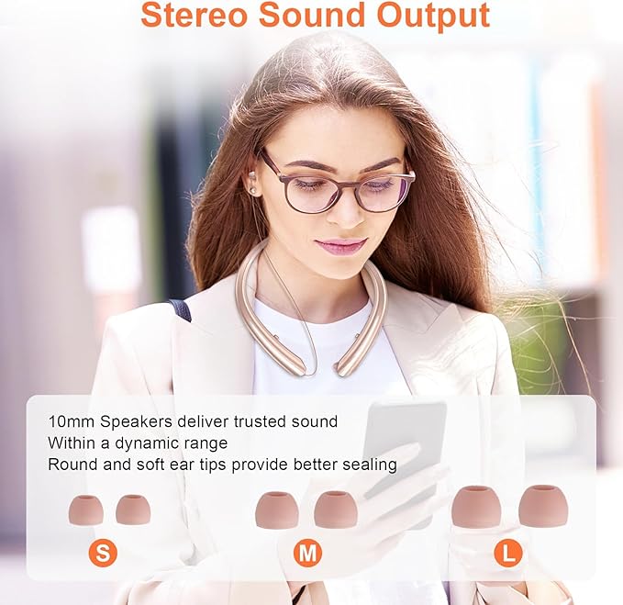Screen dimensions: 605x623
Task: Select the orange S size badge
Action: [104, 553]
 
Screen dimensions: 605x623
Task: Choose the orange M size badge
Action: [307, 553]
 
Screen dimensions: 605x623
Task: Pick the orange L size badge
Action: [507, 553]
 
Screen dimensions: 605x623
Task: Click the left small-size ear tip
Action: [85, 510]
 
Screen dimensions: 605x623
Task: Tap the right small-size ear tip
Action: [133, 509]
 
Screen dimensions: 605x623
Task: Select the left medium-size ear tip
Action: [276, 510]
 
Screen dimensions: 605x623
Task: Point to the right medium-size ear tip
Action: [336, 510]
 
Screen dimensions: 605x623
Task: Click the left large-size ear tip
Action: [476, 507]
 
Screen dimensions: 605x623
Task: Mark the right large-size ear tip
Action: [543, 506]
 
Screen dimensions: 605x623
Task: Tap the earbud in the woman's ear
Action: [250, 189]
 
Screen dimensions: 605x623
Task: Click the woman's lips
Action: [340, 245]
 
